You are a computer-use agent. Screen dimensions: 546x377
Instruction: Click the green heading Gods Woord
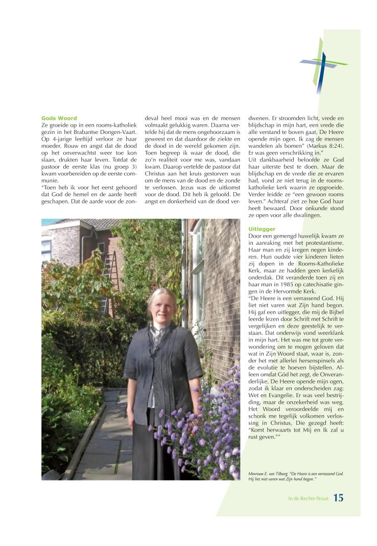(59, 118)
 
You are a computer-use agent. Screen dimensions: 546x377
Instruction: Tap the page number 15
(338, 498)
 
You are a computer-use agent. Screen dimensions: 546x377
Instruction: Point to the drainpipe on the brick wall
(183, 266)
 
